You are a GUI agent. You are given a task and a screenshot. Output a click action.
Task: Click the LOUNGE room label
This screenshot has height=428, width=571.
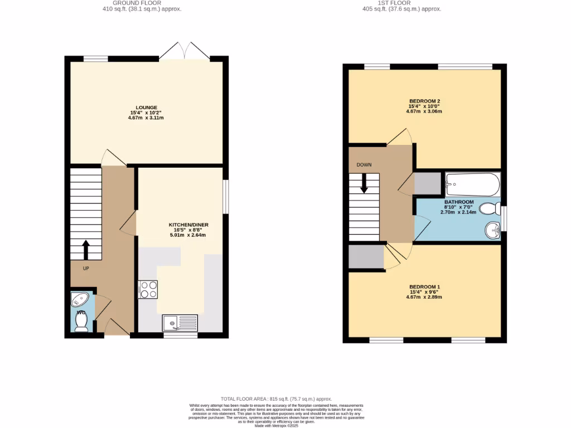[x=146, y=108]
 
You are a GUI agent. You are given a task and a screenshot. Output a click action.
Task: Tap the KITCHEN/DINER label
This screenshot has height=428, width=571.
[x=188, y=225]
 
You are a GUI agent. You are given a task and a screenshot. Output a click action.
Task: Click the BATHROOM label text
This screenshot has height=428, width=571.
[x=459, y=202]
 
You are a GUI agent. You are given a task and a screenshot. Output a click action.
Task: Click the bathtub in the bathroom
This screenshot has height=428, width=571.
[x=472, y=183]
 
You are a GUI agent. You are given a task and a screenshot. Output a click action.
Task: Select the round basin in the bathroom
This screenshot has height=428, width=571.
[x=492, y=229]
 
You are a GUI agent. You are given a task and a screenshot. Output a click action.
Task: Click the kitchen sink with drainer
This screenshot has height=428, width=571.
[x=180, y=322]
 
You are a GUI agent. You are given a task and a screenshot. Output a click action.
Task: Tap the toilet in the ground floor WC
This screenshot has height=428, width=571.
[x=81, y=323]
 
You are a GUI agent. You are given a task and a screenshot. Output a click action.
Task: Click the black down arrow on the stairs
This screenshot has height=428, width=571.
[x=364, y=183]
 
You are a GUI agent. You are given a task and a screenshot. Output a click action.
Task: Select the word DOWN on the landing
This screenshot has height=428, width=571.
[x=364, y=165]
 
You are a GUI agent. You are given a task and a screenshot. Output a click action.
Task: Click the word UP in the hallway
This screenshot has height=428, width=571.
[x=86, y=268]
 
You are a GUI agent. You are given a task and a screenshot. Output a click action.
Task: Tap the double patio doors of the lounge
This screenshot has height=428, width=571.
[x=184, y=51]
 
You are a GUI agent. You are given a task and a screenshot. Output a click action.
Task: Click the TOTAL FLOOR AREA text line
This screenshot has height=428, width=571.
[x=276, y=399]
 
